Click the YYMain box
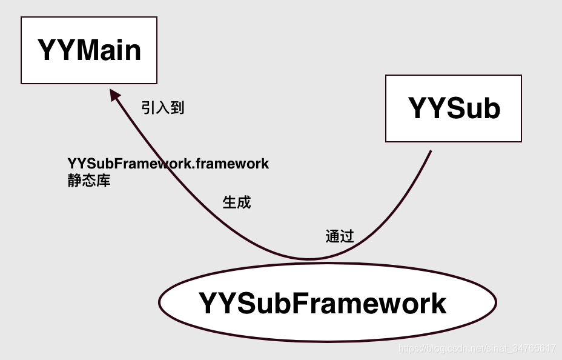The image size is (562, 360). pyautogui.click(x=89, y=50)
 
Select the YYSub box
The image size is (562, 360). pyautogui.click(x=454, y=108)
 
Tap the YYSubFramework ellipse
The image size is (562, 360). pyautogui.click(x=327, y=302)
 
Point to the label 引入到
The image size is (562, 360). pyautogui.click(x=162, y=108)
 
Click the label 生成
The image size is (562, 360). pyautogui.click(x=236, y=202)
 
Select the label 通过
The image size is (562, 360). pyautogui.click(x=339, y=236)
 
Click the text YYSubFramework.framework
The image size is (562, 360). pyautogui.click(x=168, y=164)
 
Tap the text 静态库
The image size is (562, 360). pyautogui.click(x=89, y=181)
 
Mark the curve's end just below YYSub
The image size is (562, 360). pyautogui.click(x=431, y=151)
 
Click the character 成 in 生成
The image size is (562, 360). pyautogui.click(x=243, y=202)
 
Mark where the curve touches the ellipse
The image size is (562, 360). pyautogui.click(x=309, y=259)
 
